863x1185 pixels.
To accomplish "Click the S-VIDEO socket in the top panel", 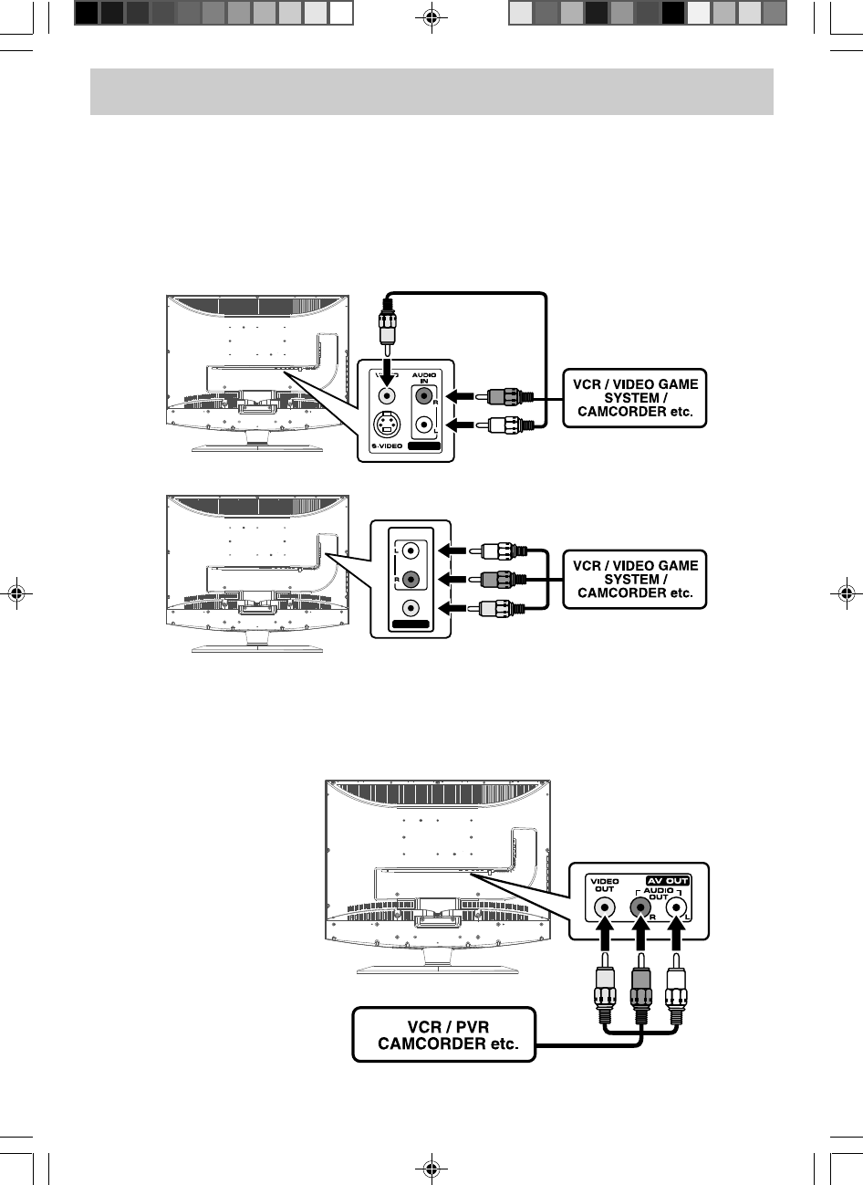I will tap(387, 425).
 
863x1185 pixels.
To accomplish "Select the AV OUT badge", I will tap(668, 880).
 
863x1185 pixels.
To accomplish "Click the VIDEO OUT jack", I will tap(603, 907).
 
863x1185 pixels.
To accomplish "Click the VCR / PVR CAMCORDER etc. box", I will tap(443, 1033).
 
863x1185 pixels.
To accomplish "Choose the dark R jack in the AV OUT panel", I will tap(640, 907).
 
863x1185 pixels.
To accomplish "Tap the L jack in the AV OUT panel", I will tap(676, 907).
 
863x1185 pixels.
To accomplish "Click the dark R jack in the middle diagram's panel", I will tap(412, 579).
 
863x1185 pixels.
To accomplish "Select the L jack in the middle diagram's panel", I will tap(412, 551).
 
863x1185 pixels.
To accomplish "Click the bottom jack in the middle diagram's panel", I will tap(412, 608).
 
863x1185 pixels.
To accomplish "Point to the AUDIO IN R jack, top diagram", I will tap(423, 396).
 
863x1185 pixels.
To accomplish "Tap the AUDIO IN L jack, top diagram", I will tap(423, 425).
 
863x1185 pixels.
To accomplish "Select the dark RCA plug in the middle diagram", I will tap(498, 579).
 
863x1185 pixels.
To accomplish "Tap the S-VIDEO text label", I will tap(387, 446).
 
